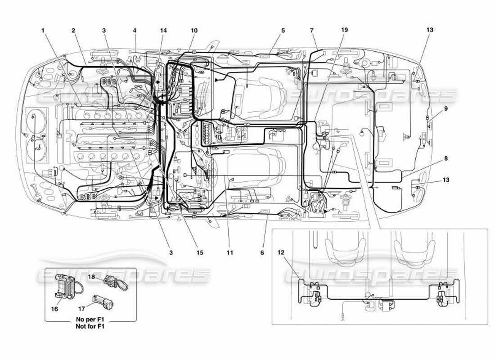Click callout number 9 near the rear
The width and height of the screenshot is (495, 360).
pos(445,108)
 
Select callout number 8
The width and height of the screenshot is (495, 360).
pos(445,158)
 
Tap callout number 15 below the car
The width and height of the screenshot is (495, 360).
pos(199,253)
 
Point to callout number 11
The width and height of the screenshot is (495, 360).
pos(230,253)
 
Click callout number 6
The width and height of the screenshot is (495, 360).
pos(262,253)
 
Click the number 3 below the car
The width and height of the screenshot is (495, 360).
pos(171,253)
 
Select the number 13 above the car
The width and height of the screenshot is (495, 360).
pos(430,30)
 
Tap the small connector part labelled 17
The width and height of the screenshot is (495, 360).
pos(103,302)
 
